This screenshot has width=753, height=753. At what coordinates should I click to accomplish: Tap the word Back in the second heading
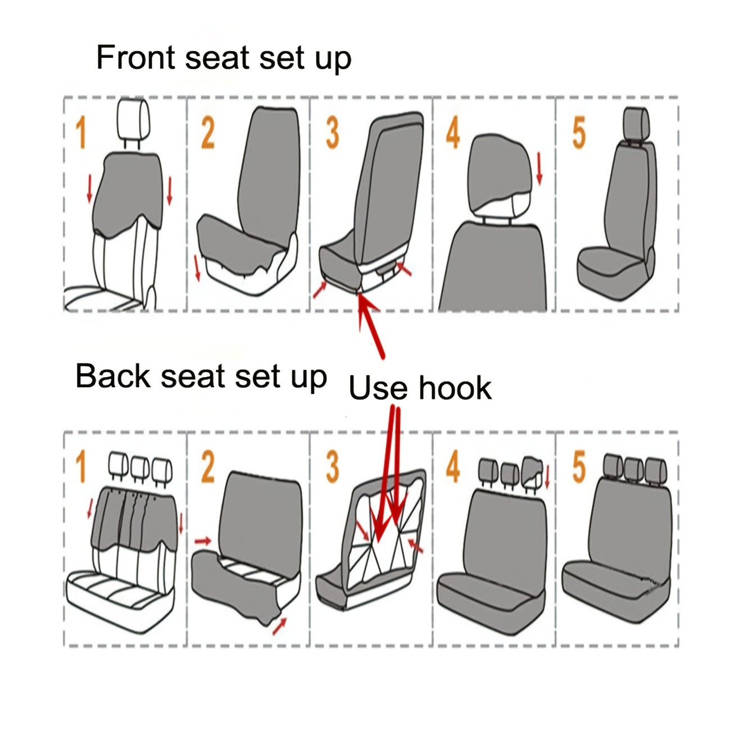click(x=113, y=376)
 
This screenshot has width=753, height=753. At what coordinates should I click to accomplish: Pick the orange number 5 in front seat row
click(x=579, y=134)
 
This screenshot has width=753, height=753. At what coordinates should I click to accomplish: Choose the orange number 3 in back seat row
click(x=333, y=468)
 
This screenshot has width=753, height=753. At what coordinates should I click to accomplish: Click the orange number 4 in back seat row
click(x=453, y=468)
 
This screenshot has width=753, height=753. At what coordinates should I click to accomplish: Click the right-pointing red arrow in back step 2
click(x=203, y=541)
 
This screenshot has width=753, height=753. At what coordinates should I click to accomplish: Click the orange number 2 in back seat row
click(x=208, y=468)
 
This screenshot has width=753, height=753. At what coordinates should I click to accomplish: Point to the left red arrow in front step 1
click(x=89, y=188)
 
